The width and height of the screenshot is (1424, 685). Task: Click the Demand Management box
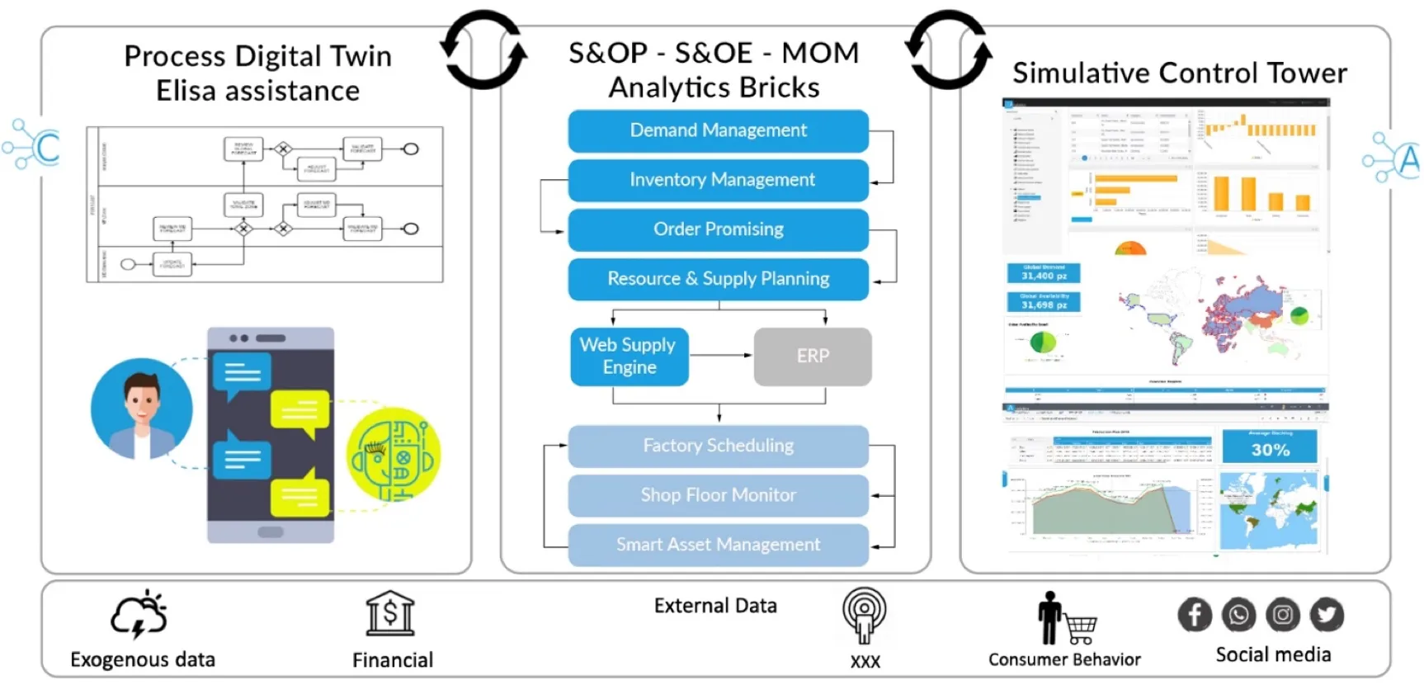tap(718, 130)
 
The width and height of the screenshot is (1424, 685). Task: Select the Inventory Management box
tap(718, 180)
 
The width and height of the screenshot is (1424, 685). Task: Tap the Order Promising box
tap(718, 229)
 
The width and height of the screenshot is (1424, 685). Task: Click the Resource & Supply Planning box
tap(718, 279)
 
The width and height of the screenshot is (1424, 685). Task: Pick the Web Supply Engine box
tap(629, 357)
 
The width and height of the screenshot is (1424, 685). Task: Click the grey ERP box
tap(813, 357)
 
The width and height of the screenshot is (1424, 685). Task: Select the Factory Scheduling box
tap(718, 446)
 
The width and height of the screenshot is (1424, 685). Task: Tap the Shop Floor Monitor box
tap(718, 495)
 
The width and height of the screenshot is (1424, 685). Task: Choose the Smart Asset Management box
tap(718, 545)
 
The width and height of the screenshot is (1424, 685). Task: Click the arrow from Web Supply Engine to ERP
tap(721, 355)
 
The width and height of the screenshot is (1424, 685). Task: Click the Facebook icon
tap(1195, 615)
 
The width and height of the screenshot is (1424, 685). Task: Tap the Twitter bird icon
tap(1327, 615)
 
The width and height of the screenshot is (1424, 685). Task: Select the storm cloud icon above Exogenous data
tap(139, 615)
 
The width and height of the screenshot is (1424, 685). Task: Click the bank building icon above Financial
tap(390, 613)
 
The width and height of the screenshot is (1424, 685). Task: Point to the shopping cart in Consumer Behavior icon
tap(1080, 630)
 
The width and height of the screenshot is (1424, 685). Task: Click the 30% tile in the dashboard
tap(1270, 446)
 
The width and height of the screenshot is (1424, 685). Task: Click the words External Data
tap(715, 606)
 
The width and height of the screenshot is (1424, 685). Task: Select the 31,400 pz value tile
tap(1044, 273)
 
